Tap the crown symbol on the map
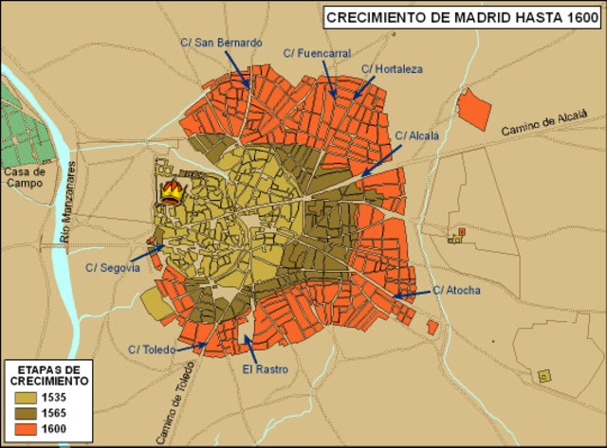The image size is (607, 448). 172,194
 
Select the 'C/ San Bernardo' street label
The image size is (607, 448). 221,43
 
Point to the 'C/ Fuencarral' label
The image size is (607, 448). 324,54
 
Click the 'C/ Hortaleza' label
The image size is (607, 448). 392,69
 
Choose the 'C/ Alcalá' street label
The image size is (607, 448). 416,135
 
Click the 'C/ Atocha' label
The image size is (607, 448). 456,290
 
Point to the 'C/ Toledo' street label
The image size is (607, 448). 152,349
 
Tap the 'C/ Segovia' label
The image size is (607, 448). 113,268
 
